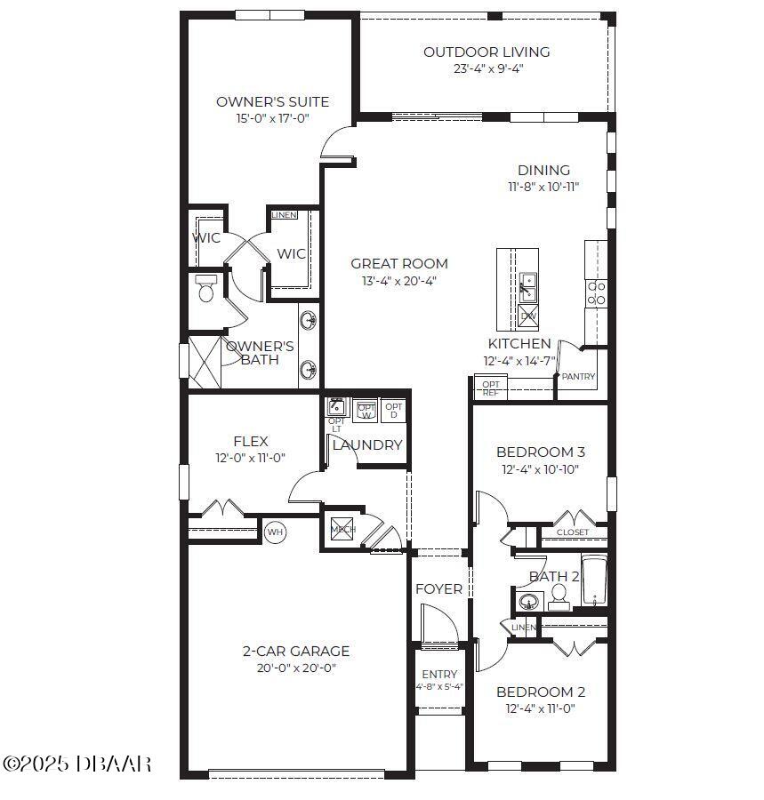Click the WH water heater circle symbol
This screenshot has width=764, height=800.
tap(275, 532)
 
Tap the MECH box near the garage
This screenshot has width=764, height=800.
tap(342, 529)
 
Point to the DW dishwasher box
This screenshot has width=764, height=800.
tap(528, 316)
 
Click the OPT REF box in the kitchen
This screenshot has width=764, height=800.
tap(490, 388)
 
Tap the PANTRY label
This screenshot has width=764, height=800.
tap(578, 377)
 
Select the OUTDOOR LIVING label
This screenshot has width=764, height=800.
tap(486, 52)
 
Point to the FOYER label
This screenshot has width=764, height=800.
tap(438, 589)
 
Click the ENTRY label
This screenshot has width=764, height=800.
tap(439, 674)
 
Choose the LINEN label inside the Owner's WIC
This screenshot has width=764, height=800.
tap(284, 215)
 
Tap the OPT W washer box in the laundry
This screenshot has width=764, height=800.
tap(366, 411)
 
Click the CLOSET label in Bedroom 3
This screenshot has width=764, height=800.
tap(572, 532)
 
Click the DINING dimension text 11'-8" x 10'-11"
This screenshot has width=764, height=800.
tap(543, 187)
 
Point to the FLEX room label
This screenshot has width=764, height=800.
tap(250, 442)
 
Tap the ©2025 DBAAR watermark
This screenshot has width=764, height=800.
tap(77, 764)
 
